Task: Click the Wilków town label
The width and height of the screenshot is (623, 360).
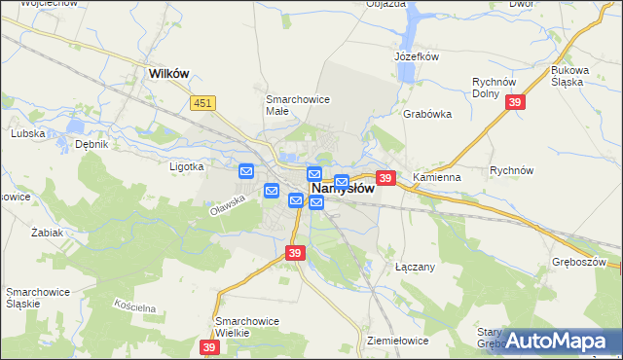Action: (167, 72)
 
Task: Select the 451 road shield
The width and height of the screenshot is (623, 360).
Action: (202, 103)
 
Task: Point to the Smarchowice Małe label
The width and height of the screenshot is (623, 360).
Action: (299, 104)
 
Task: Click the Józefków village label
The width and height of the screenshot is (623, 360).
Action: (418, 56)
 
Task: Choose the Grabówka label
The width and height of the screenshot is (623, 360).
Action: (427, 113)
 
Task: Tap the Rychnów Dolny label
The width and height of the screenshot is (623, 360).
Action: (492, 89)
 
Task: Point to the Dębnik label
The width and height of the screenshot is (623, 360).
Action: (91, 144)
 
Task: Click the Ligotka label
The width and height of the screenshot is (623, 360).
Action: (185, 166)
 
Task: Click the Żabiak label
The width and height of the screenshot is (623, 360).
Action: (47, 234)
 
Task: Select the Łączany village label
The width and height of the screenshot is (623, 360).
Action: (416, 265)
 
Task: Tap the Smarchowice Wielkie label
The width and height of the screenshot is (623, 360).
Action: (247, 327)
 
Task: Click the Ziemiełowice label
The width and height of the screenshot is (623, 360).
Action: (399, 341)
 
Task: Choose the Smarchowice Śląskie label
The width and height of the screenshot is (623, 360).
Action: (35, 298)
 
